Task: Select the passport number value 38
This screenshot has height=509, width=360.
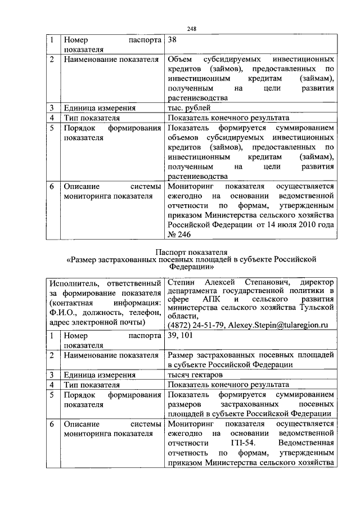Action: coord(173,40)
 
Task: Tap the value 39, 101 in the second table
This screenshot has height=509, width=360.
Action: coord(180,335)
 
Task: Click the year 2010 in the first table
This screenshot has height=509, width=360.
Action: coord(306,225)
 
